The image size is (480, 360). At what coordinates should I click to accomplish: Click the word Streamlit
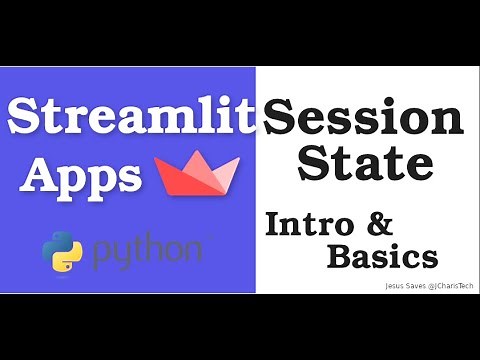click(x=131, y=118)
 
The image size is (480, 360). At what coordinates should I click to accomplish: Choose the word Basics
click(x=382, y=257)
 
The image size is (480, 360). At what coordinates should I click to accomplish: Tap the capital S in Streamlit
click(x=25, y=118)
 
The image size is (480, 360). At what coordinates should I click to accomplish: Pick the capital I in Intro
click(x=272, y=224)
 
